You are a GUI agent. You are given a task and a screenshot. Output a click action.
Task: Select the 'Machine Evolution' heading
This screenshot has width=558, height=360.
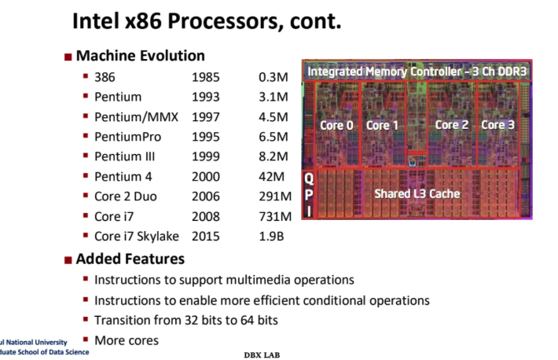[140, 56]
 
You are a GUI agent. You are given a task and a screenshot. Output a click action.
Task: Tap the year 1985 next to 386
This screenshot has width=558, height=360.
[205, 77]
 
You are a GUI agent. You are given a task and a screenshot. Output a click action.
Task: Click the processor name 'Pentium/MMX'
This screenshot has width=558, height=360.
[136, 117]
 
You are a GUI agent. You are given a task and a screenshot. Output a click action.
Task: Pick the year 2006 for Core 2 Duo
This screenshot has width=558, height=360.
[205, 197]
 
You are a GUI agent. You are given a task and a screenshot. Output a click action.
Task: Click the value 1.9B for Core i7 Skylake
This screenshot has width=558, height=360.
[274, 236]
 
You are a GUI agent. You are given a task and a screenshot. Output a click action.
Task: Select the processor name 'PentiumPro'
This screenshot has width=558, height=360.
[130, 137]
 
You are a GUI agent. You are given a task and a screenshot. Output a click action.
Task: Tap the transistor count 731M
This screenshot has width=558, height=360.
[275, 216]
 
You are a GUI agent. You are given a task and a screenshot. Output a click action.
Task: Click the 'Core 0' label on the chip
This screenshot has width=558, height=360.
[336, 125]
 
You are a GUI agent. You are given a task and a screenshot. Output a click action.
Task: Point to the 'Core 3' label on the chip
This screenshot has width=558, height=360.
[498, 124]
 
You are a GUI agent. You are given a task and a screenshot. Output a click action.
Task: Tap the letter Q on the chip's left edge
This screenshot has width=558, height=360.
[310, 180]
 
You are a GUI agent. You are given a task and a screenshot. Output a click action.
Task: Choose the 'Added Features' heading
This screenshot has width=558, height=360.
[130, 259]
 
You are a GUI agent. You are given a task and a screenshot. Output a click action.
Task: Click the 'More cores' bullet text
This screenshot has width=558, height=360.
[126, 340]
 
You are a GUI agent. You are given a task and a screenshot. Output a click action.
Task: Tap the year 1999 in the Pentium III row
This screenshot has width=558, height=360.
[205, 156]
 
